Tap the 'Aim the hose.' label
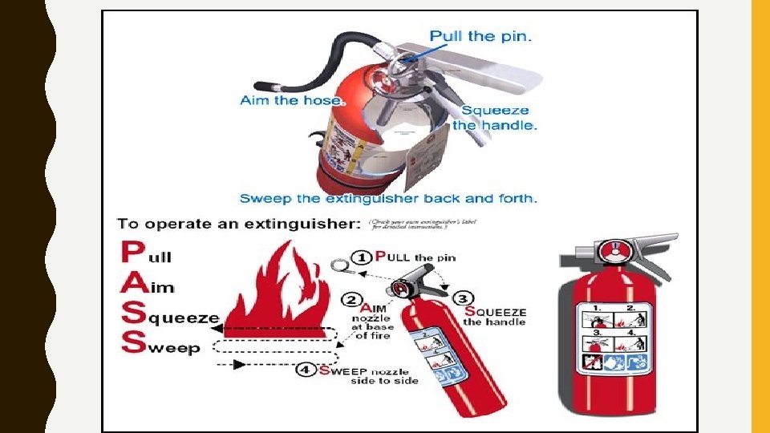(x=293, y=101)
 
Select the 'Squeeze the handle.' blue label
(x=494, y=118)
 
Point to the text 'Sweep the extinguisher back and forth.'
(x=388, y=197)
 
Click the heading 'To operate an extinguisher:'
(x=238, y=225)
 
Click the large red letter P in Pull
(x=133, y=255)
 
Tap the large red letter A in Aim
(x=133, y=285)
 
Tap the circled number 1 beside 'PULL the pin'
(x=363, y=258)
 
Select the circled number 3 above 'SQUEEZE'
(x=464, y=298)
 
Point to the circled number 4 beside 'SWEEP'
(x=305, y=370)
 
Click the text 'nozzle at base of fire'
(x=371, y=327)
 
